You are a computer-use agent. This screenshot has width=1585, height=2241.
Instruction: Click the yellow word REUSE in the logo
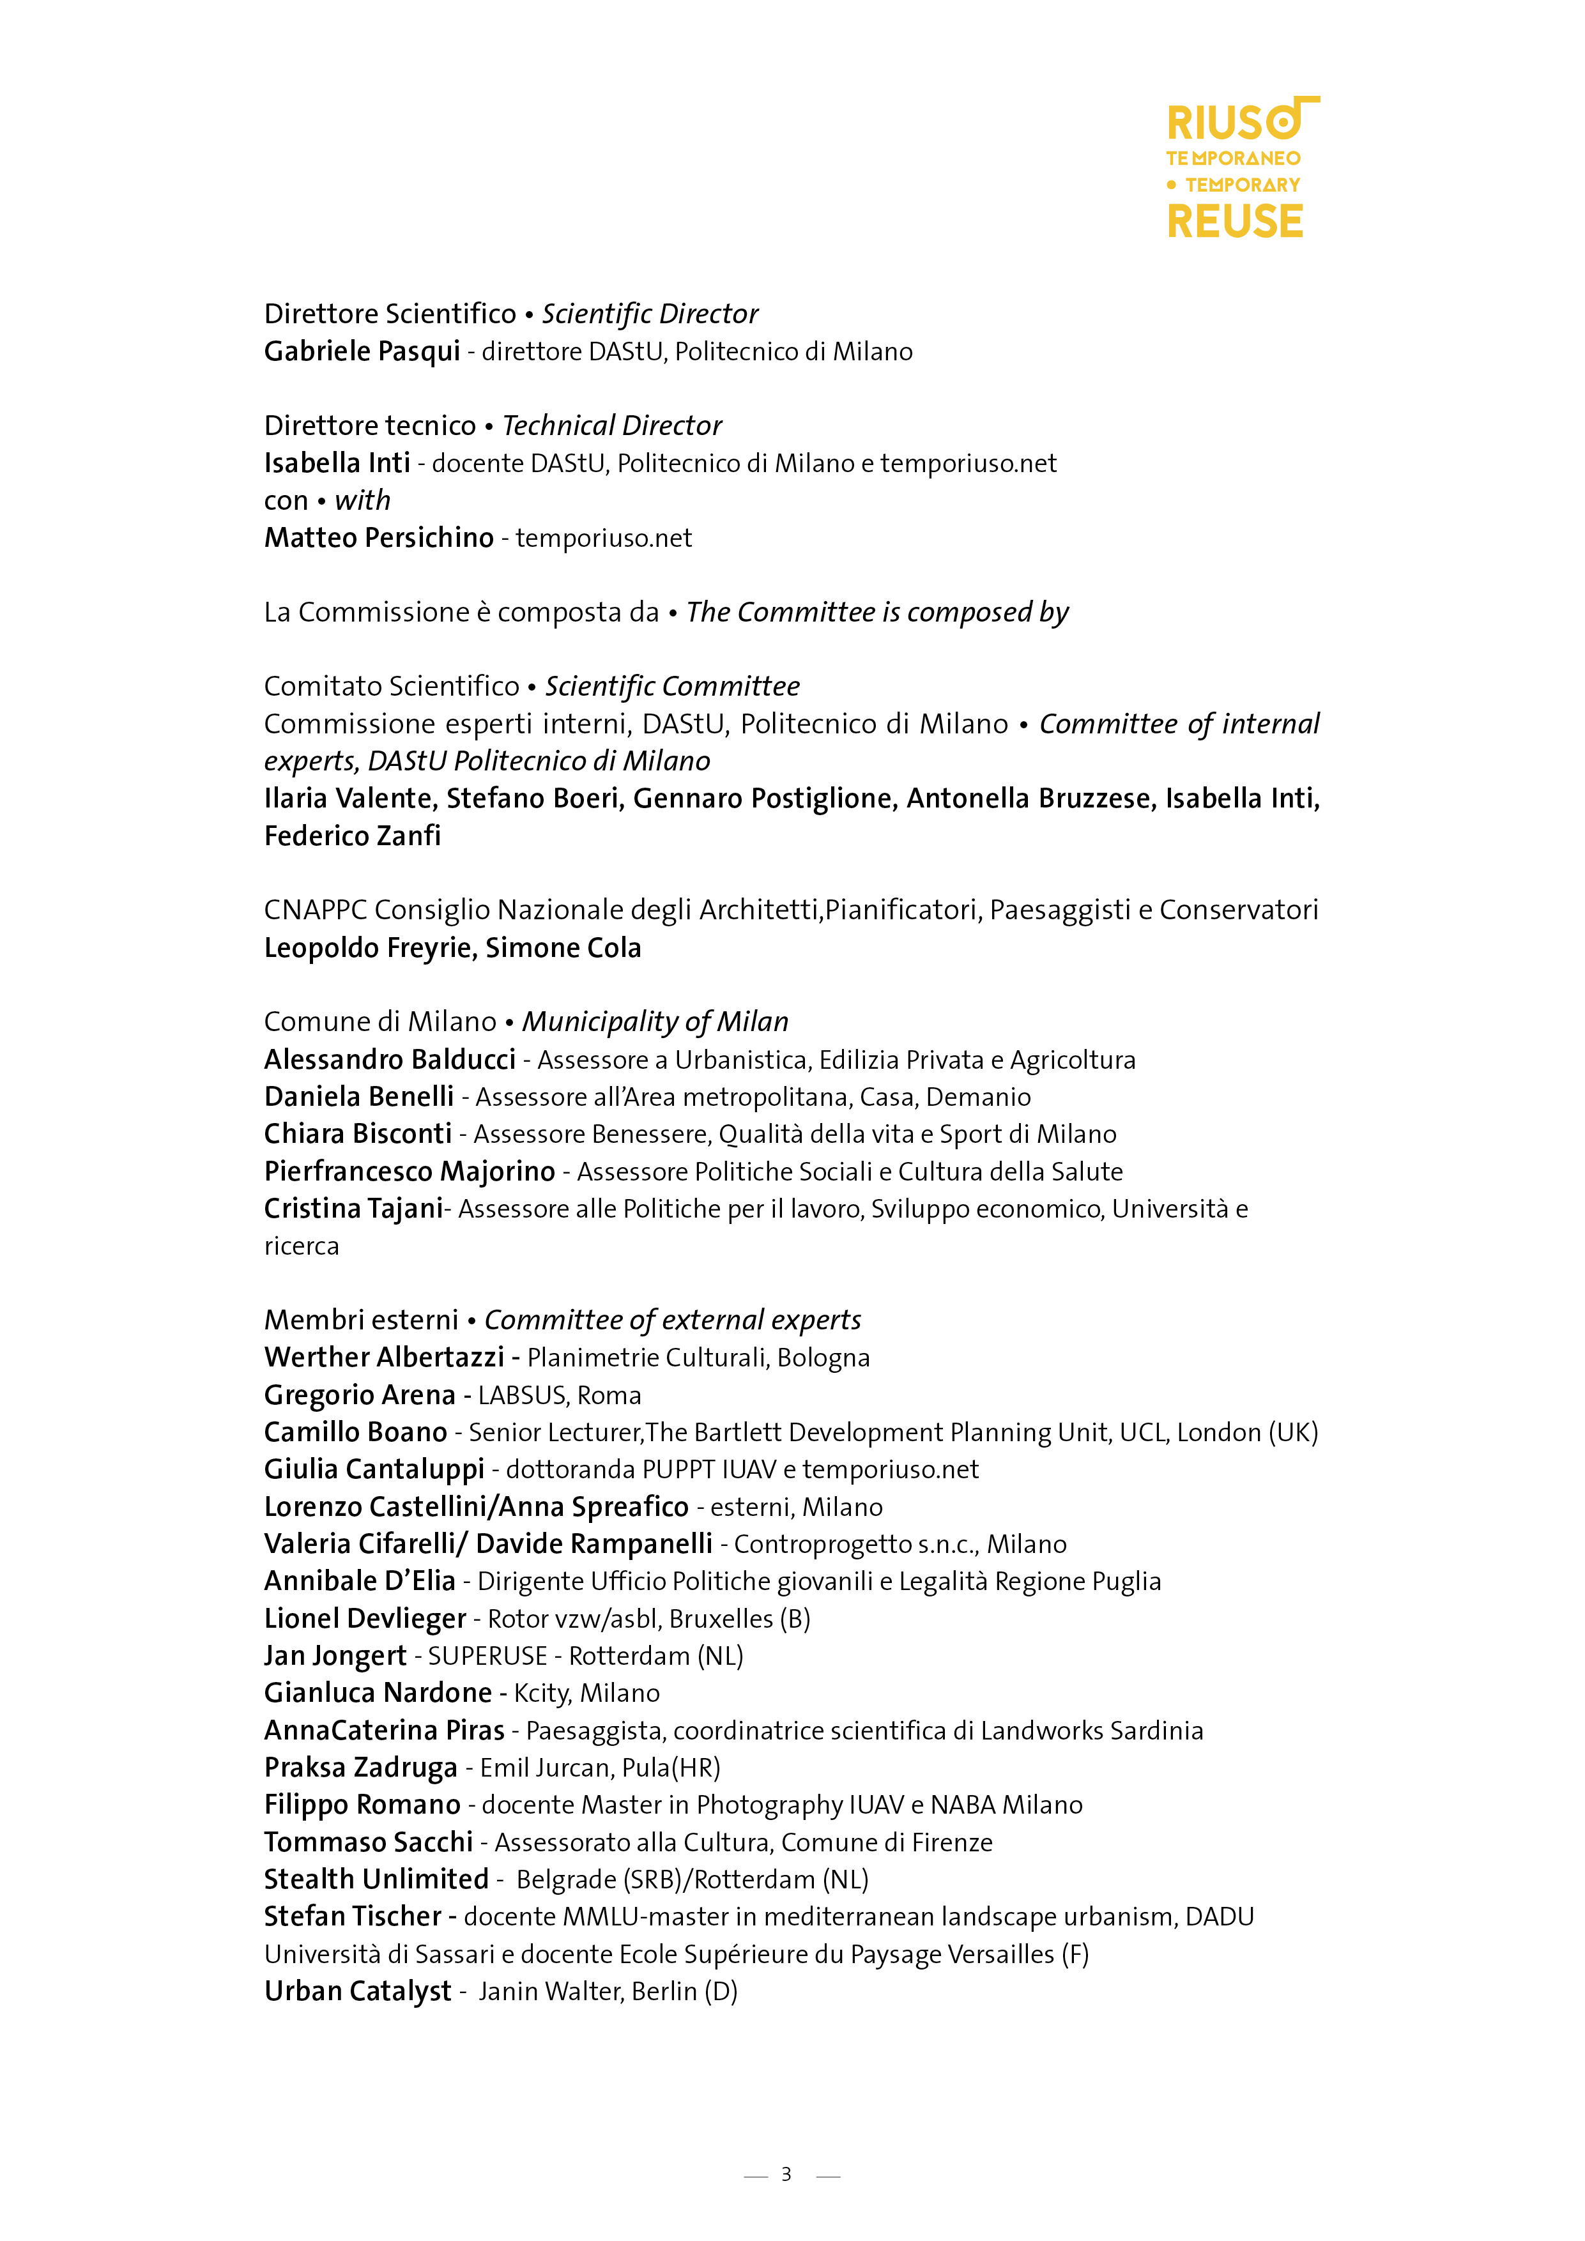[x=1235, y=222]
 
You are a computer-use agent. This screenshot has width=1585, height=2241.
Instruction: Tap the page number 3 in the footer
[x=786, y=2174]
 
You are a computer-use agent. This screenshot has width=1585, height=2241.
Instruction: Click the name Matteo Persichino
[x=379, y=538]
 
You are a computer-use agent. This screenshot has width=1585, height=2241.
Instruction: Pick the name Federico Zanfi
[x=353, y=836]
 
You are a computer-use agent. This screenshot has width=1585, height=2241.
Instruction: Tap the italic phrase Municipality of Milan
[x=655, y=1022]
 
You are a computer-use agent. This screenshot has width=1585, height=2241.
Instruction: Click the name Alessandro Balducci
[x=390, y=1060]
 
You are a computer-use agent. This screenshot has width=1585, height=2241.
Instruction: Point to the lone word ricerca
[x=302, y=1246]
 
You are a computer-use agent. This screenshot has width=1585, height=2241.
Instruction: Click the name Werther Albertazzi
[x=383, y=1358]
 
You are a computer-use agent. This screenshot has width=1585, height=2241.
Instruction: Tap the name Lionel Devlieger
[x=365, y=1619]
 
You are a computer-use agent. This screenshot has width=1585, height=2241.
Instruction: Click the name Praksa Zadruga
[x=360, y=1768]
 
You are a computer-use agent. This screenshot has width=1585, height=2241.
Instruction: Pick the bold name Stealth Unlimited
[x=376, y=1880]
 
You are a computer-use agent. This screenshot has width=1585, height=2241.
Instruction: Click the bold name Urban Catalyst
[x=357, y=1991]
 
